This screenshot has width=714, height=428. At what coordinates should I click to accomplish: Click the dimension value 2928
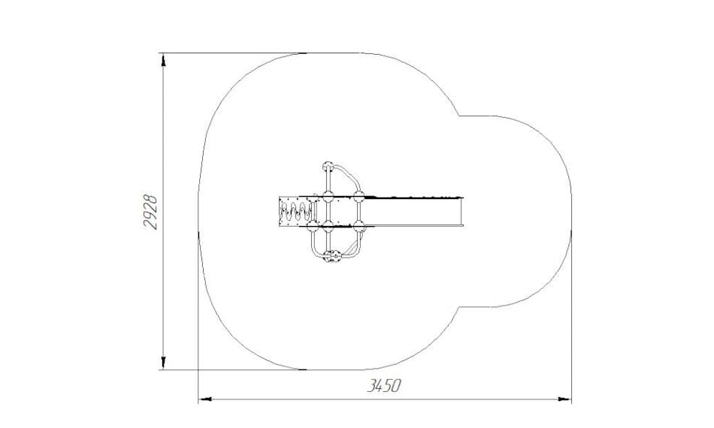point(150,212)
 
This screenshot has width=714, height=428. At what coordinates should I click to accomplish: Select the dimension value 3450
point(384,386)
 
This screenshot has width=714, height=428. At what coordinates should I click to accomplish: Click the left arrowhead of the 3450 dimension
point(205,399)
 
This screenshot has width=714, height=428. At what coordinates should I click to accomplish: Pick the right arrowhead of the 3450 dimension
point(565,399)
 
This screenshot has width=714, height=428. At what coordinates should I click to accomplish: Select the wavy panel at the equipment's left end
point(296,211)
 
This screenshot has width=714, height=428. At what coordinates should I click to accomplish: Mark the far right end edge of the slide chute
point(463,211)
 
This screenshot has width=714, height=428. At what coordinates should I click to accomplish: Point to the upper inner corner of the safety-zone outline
point(459,116)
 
